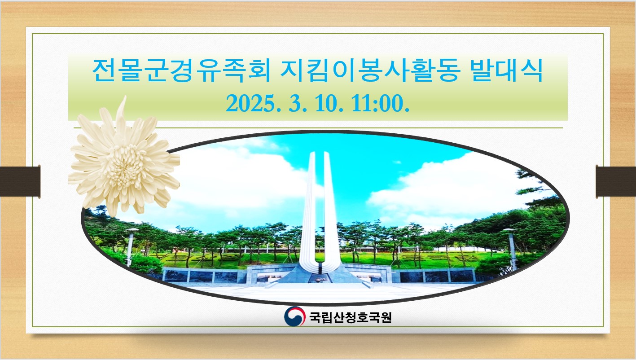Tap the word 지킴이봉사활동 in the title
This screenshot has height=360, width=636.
click(x=371, y=70)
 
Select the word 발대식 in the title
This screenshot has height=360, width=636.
click(x=507, y=70)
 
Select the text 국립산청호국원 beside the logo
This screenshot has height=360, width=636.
click(x=351, y=317)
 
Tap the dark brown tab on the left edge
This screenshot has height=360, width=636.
click(x=20, y=181)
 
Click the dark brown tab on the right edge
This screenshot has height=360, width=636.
click(x=616, y=182)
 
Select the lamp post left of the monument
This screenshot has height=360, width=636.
click(x=130, y=247)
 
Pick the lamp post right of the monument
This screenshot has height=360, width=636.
click(x=511, y=248)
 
